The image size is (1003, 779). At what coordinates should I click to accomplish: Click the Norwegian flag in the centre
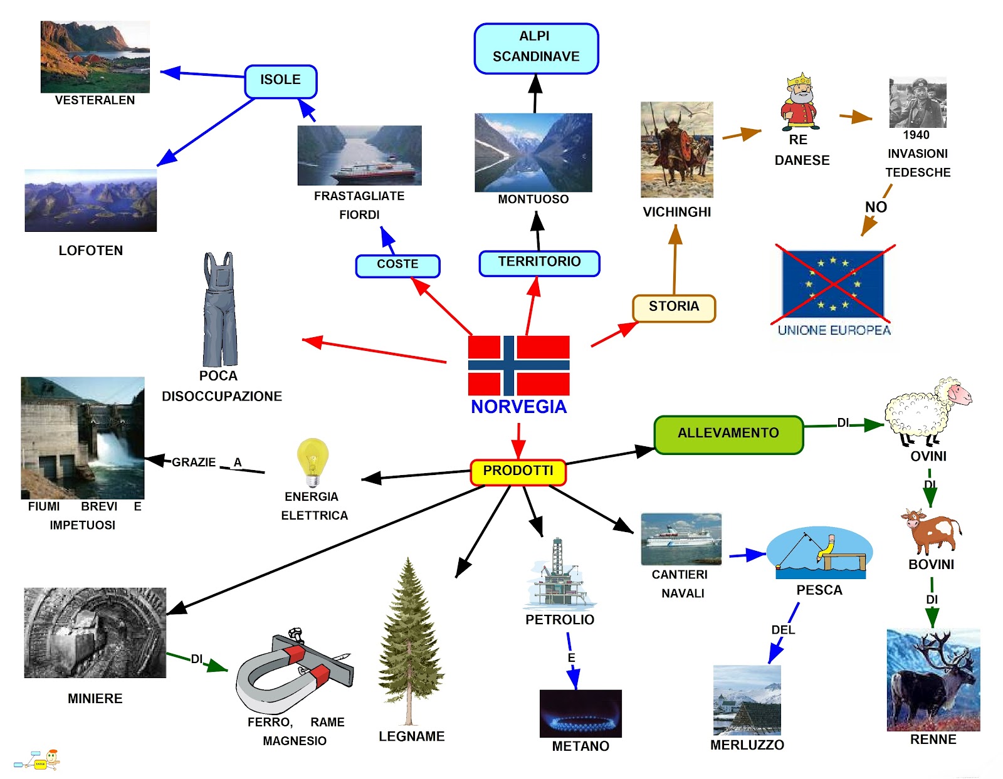pyautogui.click(x=518, y=365)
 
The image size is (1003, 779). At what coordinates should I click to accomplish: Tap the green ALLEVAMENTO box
pyautogui.click(x=728, y=434)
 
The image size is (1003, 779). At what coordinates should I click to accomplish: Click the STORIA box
pyautogui.click(x=674, y=308)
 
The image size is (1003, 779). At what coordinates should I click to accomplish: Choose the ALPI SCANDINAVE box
pyautogui.click(x=536, y=48)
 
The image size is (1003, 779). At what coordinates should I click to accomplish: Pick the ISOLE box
pyautogui.click(x=280, y=81)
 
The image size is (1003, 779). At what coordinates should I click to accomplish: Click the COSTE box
pyautogui.click(x=397, y=265)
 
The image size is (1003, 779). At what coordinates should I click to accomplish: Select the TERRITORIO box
pyautogui.click(x=539, y=263)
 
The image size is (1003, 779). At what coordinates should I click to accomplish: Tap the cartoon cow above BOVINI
pyautogui.click(x=931, y=531)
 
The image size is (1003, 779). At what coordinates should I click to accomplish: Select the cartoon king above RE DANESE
pyautogui.click(x=799, y=102)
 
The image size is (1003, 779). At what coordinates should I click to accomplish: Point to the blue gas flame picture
pyautogui.click(x=580, y=713)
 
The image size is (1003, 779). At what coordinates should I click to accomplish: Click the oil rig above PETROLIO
pyautogui.click(x=559, y=573)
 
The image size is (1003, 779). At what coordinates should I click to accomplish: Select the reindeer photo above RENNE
pyautogui.click(x=933, y=680)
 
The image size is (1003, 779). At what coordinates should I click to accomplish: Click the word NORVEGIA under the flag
pyautogui.click(x=518, y=407)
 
